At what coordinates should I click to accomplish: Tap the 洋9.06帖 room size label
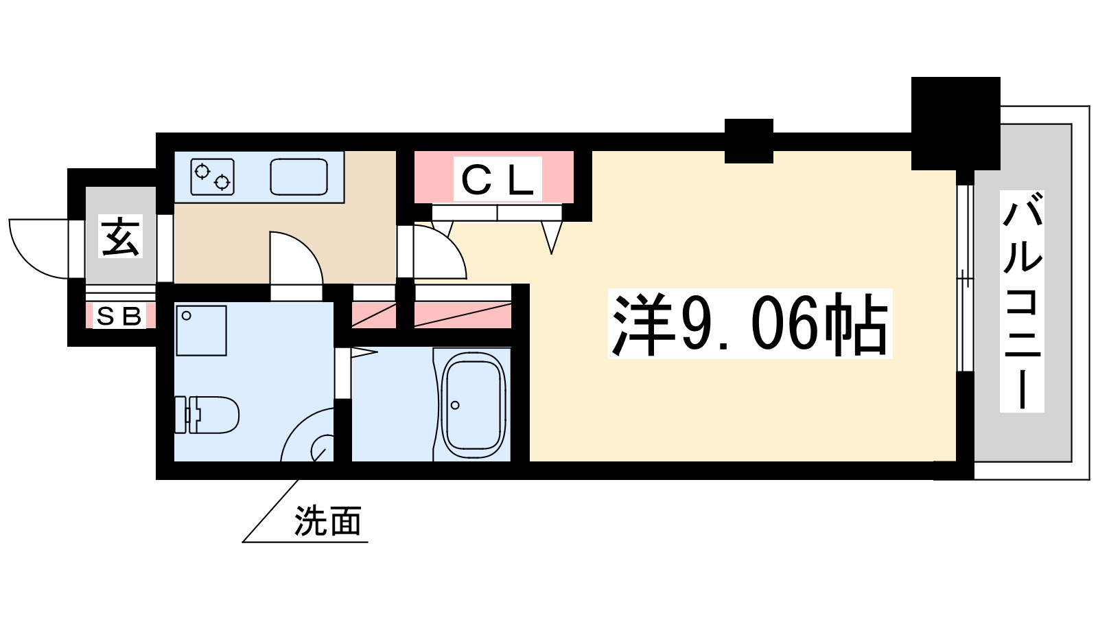click(x=750, y=323)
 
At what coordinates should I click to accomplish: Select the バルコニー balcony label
click(x=1022, y=301)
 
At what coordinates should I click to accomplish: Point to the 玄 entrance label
click(x=121, y=236)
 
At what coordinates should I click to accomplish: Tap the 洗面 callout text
click(x=328, y=521)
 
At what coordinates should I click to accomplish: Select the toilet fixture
click(x=207, y=414)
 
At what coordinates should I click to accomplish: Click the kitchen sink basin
click(x=299, y=176)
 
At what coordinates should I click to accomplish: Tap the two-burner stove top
click(x=213, y=176)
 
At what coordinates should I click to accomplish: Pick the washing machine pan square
click(x=201, y=330)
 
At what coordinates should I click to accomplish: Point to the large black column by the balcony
click(x=955, y=123)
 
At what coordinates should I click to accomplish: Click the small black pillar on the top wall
click(x=749, y=140)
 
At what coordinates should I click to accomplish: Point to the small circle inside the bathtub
click(x=455, y=405)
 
